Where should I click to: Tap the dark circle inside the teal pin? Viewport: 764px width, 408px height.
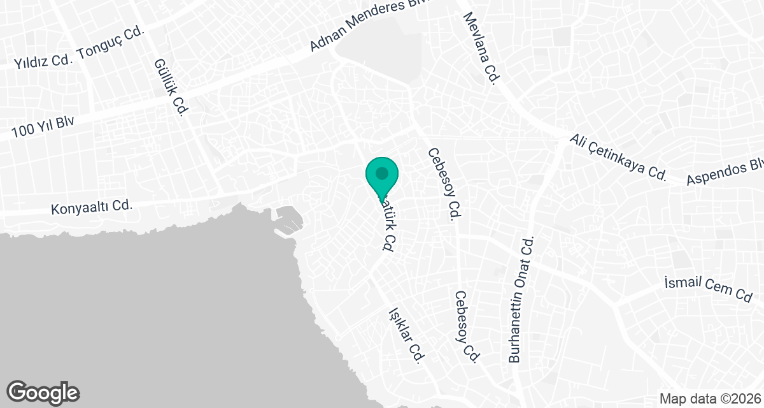tap(382, 173)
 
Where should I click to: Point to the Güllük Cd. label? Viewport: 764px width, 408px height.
tap(169, 87)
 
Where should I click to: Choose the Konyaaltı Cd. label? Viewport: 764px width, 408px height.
tap(91, 206)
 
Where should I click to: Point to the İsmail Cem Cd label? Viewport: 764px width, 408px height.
tap(708, 288)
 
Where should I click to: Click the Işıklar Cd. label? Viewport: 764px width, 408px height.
tap(406, 336)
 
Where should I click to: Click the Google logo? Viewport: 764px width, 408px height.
tap(43, 393)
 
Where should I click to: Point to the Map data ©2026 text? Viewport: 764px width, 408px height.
tap(710, 399)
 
